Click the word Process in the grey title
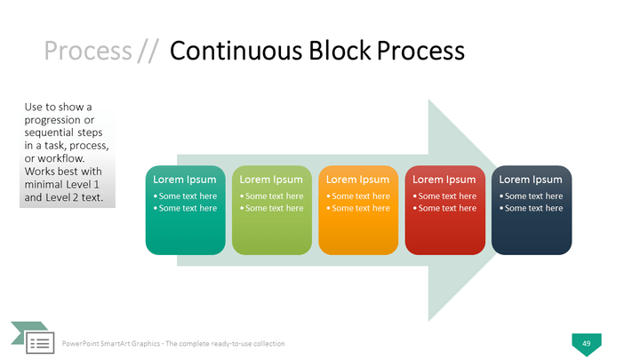(88, 51)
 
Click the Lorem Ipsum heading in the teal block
(185, 180)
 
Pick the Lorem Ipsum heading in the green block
(271, 180)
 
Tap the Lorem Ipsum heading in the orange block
(357, 180)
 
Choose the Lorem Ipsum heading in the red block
(444, 180)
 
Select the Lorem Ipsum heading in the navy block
(531, 180)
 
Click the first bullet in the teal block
(187, 196)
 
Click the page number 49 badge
(586, 342)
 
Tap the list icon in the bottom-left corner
(39, 342)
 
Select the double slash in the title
(148, 51)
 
